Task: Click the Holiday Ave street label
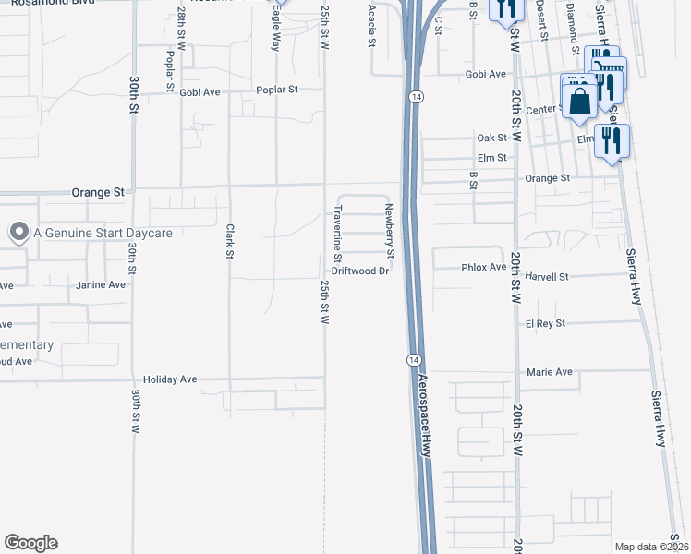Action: [x=171, y=379]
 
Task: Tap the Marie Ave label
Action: [x=549, y=372]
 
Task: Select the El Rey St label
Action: [x=545, y=324]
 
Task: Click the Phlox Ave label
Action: [x=484, y=267]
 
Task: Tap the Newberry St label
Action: [x=391, y=231]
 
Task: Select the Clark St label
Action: [x=229, y=242]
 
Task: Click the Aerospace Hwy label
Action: [x=426, y=415]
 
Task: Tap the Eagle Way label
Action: [x=276, y=34]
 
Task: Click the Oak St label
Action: [x=491, y=138]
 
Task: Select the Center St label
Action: [x=543, y=110]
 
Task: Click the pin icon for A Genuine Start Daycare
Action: [x=18, y=233]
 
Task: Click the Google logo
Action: [x=30, y=543]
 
